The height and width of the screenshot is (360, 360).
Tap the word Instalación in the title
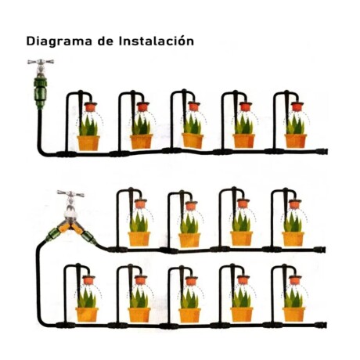click(x=155, y=41)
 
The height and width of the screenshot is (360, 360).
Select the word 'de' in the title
click(x=106, y=41)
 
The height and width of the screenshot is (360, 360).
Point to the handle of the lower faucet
click(x=70, y=193)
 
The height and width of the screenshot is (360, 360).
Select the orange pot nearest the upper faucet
click(x=88, y=142)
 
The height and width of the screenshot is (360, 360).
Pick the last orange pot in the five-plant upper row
click(x=295, y=141)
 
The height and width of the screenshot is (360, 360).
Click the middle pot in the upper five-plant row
click(x=193, y=141)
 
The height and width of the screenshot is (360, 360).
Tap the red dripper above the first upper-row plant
click(x=90, y=107)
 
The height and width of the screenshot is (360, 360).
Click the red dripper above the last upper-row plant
click(x=297, y=107)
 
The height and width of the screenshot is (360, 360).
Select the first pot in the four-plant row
click(x=139, y=239)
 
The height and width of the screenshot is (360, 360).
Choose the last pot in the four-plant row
click(x=293, y=239)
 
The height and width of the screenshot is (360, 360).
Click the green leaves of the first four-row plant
click(x=139, y=222)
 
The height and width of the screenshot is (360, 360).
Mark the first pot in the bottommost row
click(x=88, y=314)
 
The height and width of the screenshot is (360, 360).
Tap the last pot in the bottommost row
click(x=293, y=314)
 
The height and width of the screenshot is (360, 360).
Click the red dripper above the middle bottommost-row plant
click(x=192, y=280)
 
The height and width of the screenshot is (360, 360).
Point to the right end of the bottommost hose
click(x=322, y=325)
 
